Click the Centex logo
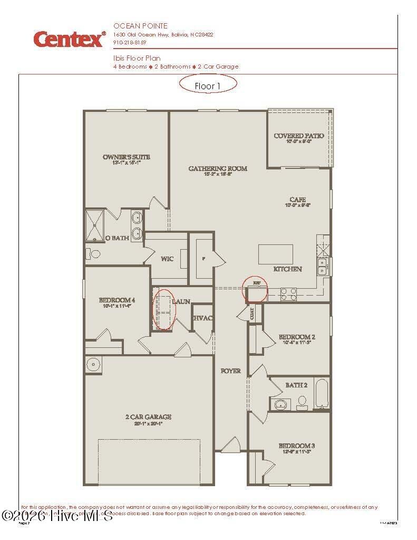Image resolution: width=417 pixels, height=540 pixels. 69,39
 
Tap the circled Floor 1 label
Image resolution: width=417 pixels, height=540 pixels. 208,85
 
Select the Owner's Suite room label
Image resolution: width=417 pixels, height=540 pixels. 127,157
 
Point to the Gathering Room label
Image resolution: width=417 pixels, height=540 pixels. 218,169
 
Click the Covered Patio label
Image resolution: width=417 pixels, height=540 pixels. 299,136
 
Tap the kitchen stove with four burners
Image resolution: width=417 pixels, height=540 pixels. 288,294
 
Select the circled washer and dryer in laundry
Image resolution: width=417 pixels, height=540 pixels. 163,310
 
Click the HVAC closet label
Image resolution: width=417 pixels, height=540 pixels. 202,318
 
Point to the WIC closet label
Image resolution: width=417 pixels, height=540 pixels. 167,259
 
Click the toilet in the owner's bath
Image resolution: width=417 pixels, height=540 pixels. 95,254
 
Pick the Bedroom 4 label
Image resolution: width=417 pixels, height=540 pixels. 114,300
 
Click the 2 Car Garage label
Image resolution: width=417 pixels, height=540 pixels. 148,417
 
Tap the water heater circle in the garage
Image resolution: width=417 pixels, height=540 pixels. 94,364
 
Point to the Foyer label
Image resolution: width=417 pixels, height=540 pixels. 230,371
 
